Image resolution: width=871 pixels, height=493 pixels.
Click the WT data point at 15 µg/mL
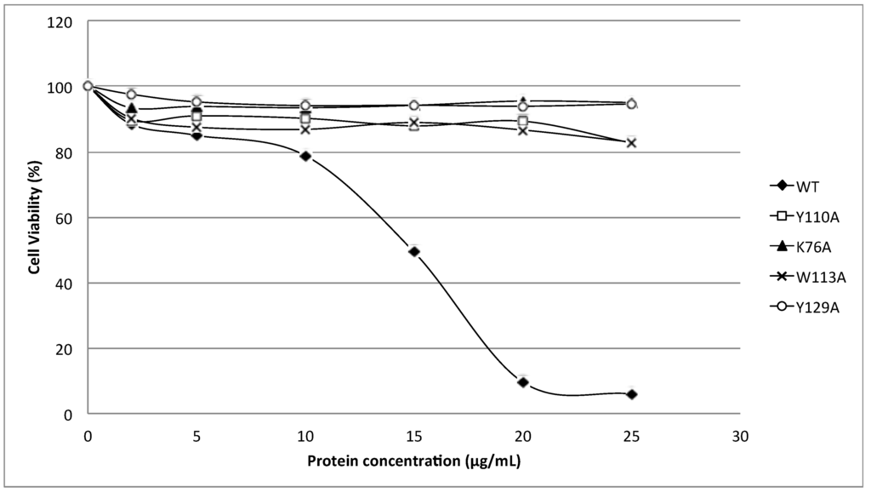pyautogui.click(x=414, y=251)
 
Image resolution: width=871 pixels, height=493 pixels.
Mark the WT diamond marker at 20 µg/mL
pyautogui.click(x=523, y=382)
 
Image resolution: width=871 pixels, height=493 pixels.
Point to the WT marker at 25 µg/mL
pyautogui.click(x=632, y=394)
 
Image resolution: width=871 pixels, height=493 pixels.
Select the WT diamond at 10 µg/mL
pyautogui.click(x=305, y=156)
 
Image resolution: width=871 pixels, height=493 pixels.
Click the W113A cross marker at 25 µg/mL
pyautogui.click(x=632, y=142)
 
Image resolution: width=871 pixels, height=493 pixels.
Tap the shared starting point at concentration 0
pyautogui.click(x=88, y=86)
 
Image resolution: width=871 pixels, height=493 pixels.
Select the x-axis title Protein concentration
pyautogui.click(x=413, y=461)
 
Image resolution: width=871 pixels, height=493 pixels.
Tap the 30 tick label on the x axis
pyautogui.click(x=741, y=436)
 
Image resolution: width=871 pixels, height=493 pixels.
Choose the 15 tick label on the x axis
pyautogui.click(x=414, y=436)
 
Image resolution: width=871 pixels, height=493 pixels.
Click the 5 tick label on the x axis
pyautogui.click(x=196, y=436)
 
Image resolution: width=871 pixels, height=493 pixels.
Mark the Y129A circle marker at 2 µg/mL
pyautogui.click(x=131, y=95)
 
